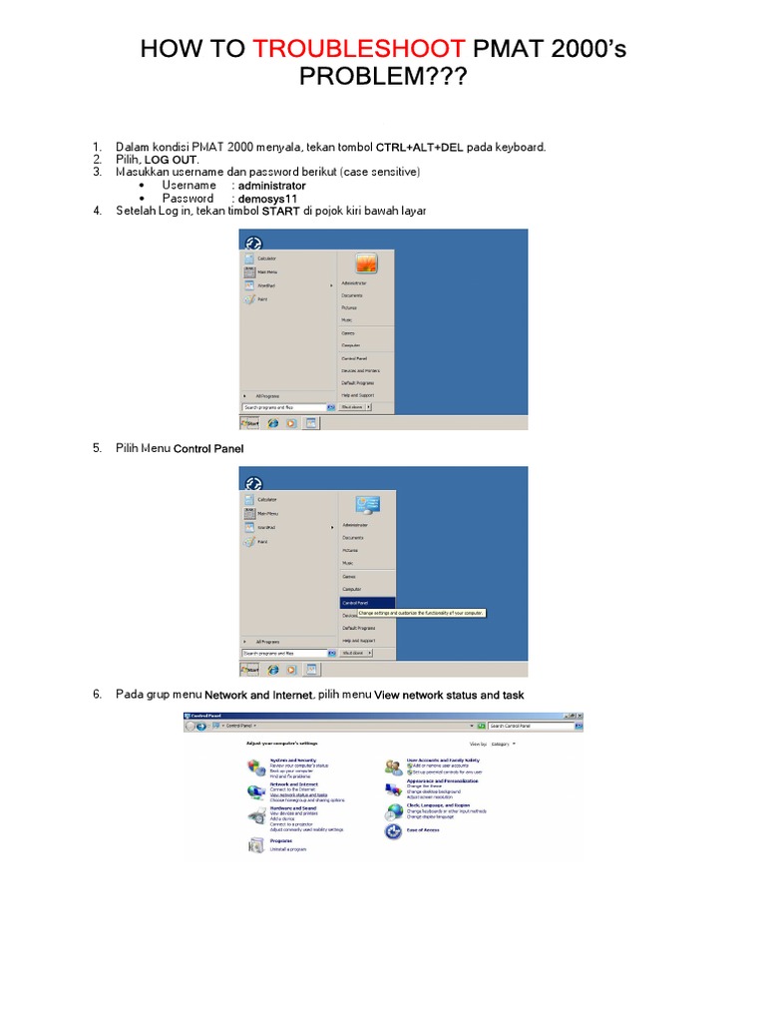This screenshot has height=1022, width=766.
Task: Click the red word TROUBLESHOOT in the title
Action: (x=358, y=49)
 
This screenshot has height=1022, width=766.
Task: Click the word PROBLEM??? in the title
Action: (x=383, y=77)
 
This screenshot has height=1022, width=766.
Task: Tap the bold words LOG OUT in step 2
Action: (x=172, y=160)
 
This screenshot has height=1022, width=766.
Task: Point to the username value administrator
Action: (x=272, y=186)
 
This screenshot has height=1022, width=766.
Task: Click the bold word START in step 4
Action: (x=280, y=212)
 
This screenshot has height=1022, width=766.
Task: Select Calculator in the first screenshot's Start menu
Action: (x=266, y=258)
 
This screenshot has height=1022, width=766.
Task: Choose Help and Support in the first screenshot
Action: (x=360, y=395)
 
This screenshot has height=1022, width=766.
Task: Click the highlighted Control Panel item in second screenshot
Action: (x=355, y=603)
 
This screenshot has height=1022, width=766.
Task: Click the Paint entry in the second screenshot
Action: (x=262, y=541)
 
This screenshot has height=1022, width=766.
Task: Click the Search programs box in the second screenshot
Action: (x=283, y=653)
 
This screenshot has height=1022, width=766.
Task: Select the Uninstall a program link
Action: (x=288, y=848)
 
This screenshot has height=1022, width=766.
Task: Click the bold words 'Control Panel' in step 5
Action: (x=208, y=449)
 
